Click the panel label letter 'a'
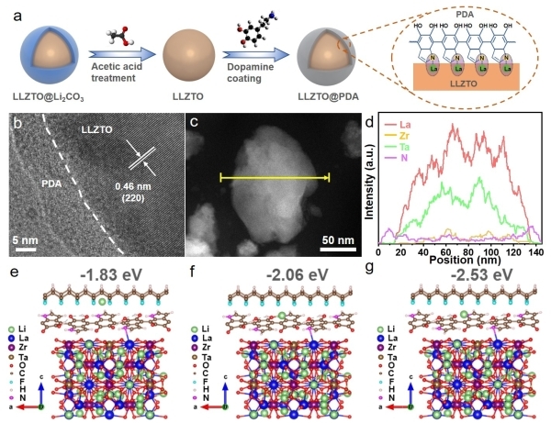click(x=11, y=10)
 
